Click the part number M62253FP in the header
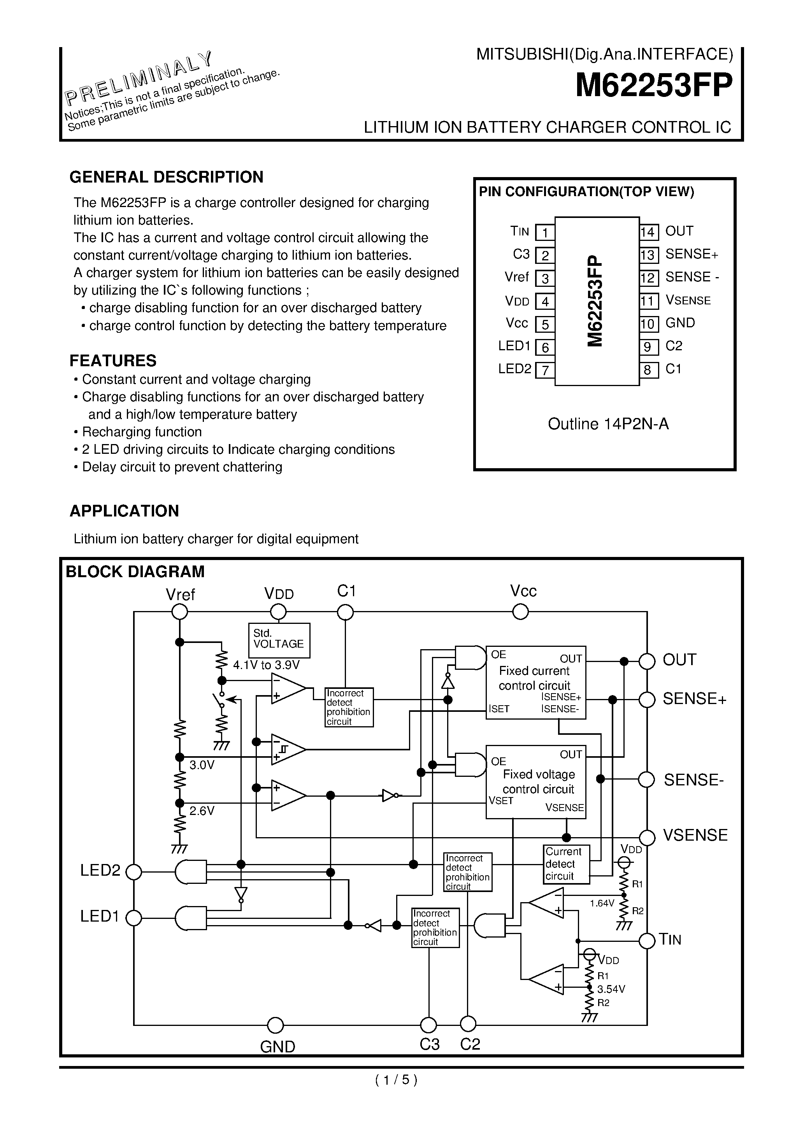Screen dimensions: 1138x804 [653, 86]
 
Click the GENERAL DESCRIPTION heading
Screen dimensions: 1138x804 [166, 177]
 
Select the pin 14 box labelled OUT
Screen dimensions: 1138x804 [648, 232]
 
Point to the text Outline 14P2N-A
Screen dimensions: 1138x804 [608, 424]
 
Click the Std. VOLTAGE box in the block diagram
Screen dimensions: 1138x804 [279, 639]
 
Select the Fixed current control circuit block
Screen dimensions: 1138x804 [535, 682]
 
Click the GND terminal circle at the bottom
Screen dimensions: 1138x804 [275, 1025]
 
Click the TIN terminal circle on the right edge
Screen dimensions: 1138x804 [647, 940]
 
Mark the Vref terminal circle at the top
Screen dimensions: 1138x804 [179, 612]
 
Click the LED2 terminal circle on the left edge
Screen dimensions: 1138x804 [134, 872]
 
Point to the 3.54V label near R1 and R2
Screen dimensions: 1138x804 [611, 989]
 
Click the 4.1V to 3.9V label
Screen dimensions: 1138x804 [266, 665]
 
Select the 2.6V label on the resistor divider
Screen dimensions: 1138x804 [202, 811]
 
